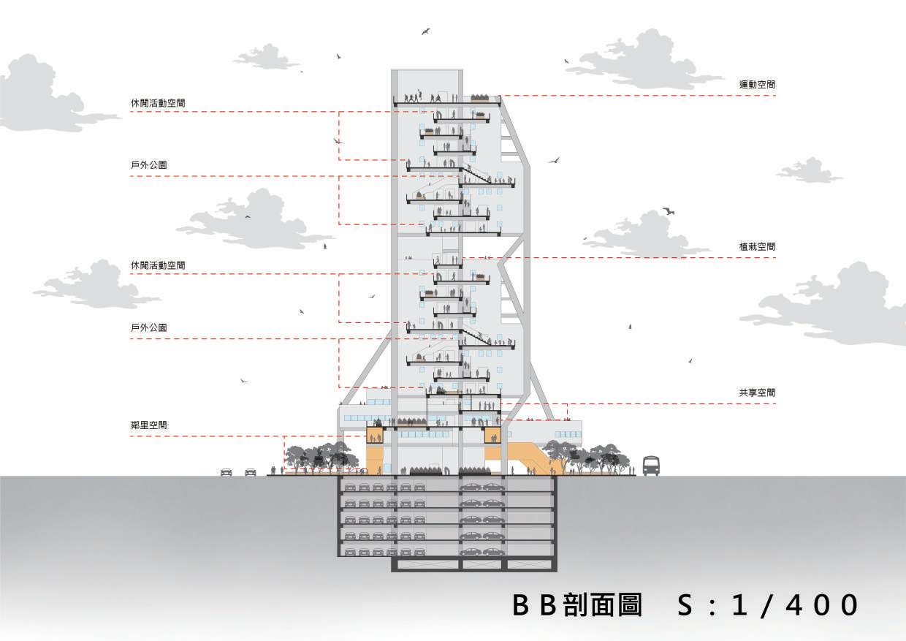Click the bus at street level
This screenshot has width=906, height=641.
pos(650,466)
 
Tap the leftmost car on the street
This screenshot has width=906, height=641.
pos(226,472)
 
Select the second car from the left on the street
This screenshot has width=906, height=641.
pos(251,472)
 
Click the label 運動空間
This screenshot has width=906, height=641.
pos(756,85)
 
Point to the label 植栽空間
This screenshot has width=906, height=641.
pos(756,247)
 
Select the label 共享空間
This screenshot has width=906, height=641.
pos(756,392)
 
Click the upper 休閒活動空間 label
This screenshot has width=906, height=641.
pos(158,103)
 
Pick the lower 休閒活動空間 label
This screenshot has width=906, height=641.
pos(158,265)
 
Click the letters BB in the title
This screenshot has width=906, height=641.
pos(535,606)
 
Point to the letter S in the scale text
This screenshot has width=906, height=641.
pos(685,606)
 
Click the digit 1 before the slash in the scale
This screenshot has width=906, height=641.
pos(742,606)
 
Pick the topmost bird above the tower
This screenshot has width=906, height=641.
pos(425,31)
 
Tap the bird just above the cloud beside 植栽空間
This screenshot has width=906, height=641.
pos(668,211)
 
